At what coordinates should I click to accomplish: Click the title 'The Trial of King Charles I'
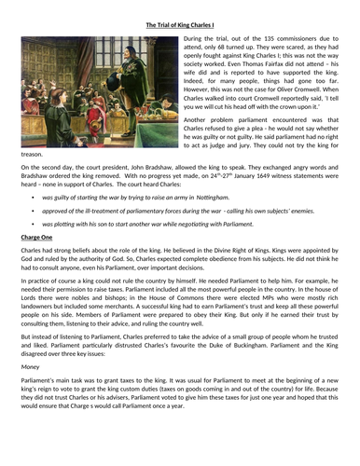(179, 25)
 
